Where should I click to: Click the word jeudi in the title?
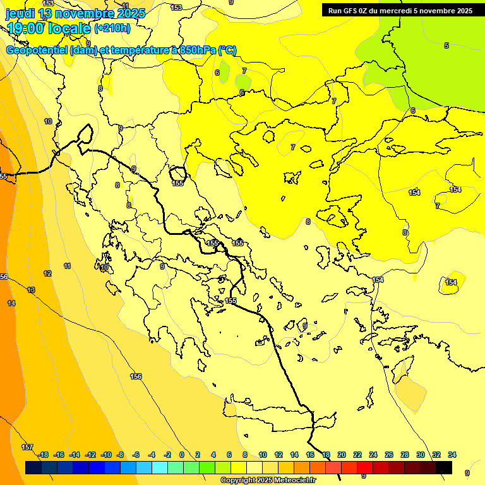20,13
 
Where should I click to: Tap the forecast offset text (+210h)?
112,28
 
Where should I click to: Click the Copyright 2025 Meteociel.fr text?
268,481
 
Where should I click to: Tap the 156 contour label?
136,376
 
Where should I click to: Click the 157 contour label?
27,447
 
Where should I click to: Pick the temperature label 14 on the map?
11,304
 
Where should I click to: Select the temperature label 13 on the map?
31,290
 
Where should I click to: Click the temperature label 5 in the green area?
446,45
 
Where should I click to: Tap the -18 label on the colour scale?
43,455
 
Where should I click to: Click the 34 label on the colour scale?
452,455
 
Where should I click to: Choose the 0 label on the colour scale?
182,455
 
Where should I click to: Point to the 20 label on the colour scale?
342,455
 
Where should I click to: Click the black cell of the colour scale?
444,467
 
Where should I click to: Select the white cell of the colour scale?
254,467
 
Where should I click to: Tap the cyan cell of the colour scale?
160,467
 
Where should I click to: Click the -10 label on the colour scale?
105,455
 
